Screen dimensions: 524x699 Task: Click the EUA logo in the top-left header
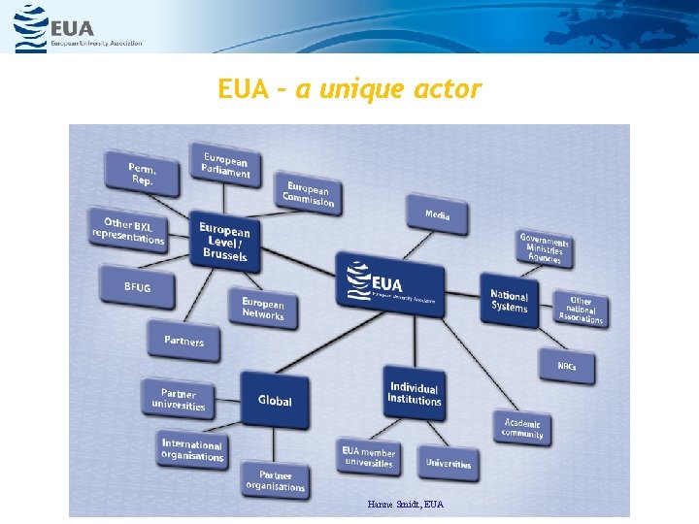[78, 28]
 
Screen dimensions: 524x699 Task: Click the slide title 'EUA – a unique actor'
[349, 90]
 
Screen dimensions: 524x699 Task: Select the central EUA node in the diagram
[391, 280]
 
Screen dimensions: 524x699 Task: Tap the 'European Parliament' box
[226, 166]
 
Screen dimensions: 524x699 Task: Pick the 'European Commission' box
[309, 193]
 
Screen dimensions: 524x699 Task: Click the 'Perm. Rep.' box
[142, 175]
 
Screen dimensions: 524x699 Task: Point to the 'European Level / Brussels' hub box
[225, 242]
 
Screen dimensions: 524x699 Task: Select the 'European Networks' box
[263, 310]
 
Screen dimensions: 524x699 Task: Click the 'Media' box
[437, 215]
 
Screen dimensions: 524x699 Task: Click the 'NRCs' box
[567, 366]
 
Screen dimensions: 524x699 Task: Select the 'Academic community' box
[523, 428]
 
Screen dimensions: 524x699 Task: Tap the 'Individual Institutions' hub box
[415, 393]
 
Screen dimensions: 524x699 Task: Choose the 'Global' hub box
[275, 400]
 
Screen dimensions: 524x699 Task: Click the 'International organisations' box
[192, 450]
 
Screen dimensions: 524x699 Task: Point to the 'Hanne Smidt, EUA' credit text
[406, 505]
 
